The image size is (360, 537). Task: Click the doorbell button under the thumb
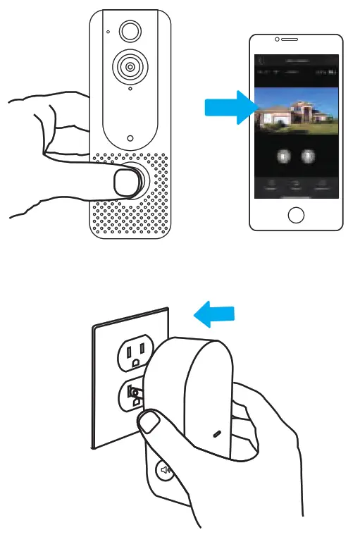tap(127, 183)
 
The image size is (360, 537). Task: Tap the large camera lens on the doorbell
tap(129, 66)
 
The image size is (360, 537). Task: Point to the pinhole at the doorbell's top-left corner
tap(108, 32)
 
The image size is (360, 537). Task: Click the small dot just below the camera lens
tap(130, 90)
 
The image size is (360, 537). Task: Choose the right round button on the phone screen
tap(308, 156)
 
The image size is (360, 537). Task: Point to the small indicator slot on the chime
tap(217, 433)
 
